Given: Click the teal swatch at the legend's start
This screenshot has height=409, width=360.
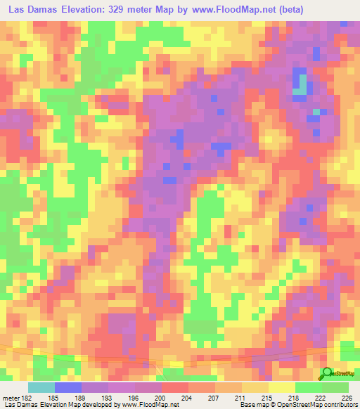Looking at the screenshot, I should point(41,388).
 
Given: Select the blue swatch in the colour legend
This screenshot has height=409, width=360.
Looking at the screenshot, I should point(67,388).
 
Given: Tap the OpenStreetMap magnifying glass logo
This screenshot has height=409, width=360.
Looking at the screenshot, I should point(327,373).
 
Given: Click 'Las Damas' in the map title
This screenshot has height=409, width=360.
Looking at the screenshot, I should point(32,10).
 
